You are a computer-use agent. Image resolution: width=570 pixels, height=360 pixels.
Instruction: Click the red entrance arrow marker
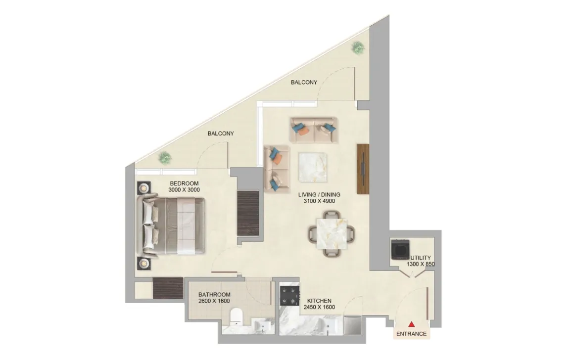[x=411, y=324]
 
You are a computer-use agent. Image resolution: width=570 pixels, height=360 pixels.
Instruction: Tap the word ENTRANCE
[x=411, y=334]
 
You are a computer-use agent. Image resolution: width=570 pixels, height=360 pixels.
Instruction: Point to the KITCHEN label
[x=319, y=301]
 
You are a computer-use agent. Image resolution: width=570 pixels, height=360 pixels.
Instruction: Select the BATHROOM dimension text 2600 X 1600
[x=214, y=301]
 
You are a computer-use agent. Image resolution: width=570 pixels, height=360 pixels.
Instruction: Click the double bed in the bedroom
[x=173, y=226]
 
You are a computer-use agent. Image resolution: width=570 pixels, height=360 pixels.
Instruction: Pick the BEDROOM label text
[x=184, y=183]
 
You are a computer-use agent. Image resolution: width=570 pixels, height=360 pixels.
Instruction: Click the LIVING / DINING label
[x=319, y=194]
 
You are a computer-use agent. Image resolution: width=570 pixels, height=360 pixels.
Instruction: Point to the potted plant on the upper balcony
[x=358, y=47]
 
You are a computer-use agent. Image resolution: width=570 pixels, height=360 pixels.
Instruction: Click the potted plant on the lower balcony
[x=165, y=158]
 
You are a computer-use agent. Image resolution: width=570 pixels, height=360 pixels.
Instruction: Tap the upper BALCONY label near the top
[x=304, y=82]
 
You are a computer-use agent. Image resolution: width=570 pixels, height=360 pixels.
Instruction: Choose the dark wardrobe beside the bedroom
[x=248, y=213]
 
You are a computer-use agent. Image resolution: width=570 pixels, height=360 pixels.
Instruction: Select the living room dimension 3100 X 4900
[x=319, y=201]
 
